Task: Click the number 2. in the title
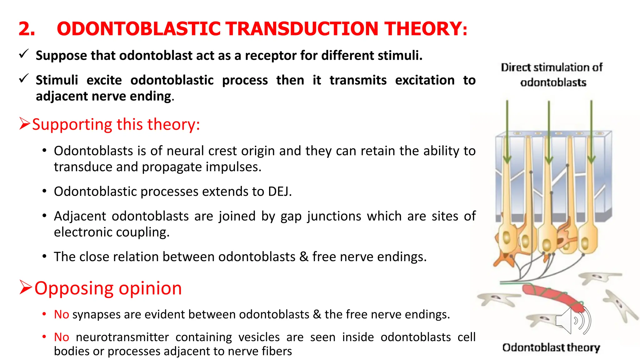point(27,29)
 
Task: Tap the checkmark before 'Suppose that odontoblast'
point(24,54)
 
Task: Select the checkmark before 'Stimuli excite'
point(24,78)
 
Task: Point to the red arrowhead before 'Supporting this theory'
point(24,124)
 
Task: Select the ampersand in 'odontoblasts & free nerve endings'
point(304,257)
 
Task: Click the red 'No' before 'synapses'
point(61,314)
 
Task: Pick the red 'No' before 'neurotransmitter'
point(61,337)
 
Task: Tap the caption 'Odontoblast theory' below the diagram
point(551,347)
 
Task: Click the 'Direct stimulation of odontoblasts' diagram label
point(552,75)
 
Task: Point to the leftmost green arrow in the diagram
point(507,131)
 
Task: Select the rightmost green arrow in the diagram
point(591,131)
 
